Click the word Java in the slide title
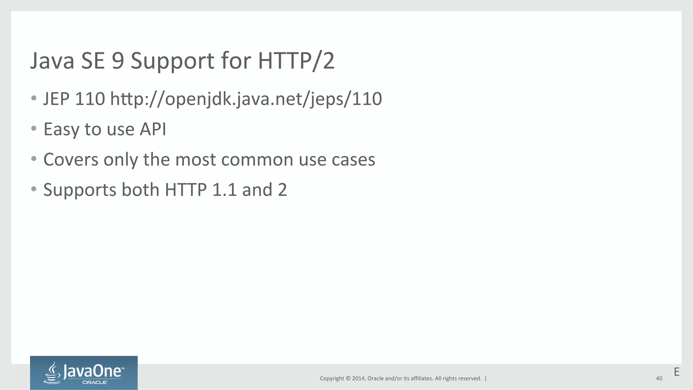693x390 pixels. [x=52, y=61]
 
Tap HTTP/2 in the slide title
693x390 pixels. [x=296, y=61]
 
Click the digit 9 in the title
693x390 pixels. [x=118, y=61]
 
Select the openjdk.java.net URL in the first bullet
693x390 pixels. [x=246, y=99]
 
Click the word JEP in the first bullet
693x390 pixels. [x=56, y=99]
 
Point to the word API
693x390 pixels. [x=153, y=129]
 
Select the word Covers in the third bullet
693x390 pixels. [x=71, y=159]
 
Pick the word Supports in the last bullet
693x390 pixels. [x=80, y=190]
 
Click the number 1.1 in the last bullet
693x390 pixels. [x=224, y=190]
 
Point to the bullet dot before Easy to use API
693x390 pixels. [x=33, y=129]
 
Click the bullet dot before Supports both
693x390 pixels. [x=33, y=189]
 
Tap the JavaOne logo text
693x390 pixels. [x=92, y=371]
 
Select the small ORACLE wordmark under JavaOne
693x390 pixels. [x=95, y=383]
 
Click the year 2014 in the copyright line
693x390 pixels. [x=358, y=378]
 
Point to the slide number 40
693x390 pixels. [x=659, y=378]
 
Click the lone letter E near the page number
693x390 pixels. [x=676, y=372]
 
